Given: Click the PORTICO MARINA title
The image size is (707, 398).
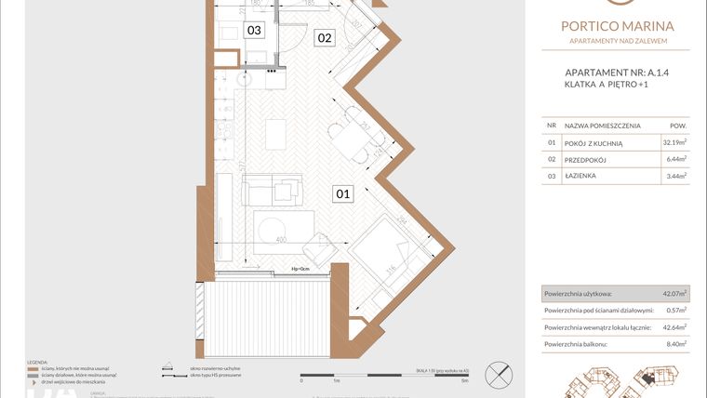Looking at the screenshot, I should [x=618, y=26].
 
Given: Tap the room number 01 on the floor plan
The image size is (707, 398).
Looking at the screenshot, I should [x=342, y=194].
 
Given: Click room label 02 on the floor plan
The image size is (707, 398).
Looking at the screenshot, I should [x=325, y=38].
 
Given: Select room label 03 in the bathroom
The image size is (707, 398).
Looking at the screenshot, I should [x=253, y=30].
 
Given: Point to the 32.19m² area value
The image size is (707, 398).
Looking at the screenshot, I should [x=674, y=142].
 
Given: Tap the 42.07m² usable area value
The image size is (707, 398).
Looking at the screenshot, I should [x=672, y=294].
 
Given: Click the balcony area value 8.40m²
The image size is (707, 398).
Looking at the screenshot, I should [x=674, y=344].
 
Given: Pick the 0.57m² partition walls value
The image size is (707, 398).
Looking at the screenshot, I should [x=674, y=311].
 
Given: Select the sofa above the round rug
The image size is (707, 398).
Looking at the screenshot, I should [x=271, y=191].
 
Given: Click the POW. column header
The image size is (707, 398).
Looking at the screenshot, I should [x=678, y=125].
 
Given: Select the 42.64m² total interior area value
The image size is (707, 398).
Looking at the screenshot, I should [x=672, y=327].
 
